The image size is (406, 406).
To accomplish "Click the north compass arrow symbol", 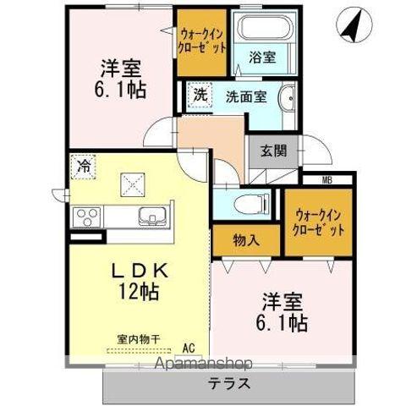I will click(x=352, y=26).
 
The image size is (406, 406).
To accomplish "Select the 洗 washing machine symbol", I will click(x=200, y=96).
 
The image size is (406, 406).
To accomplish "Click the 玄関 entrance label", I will click(x=272, y=151).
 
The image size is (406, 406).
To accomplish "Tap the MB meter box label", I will click(x=326, y=178).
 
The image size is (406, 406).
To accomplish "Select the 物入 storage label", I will click(x=246, y=239).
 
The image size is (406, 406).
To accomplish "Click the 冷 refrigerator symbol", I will click(x=84, y=166).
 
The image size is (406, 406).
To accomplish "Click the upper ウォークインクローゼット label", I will click(x=203, y=40).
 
